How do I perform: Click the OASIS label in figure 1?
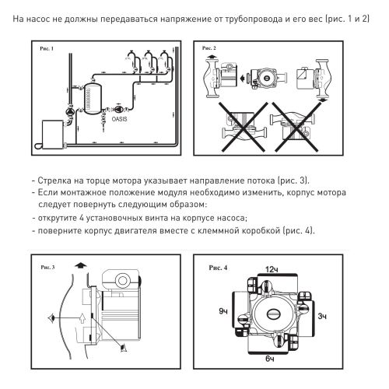[120, 119]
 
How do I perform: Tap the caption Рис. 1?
[47, 48]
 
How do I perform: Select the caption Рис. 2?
[209, 48]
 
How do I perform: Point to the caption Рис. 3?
[47, 267]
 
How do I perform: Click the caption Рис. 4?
[218, 268]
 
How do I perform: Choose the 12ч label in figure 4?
[272, 270]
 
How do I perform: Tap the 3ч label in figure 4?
[322, 316]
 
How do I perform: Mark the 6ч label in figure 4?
[270, 359]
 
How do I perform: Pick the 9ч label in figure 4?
[223, 311]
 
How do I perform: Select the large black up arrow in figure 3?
[81, 265]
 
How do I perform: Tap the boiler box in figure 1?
[53, 135]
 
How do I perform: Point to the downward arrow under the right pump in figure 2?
[322, 100]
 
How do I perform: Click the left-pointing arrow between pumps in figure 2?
[243, 78]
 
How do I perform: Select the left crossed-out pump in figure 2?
[244, 127]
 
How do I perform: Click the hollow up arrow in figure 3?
[82, 318]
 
